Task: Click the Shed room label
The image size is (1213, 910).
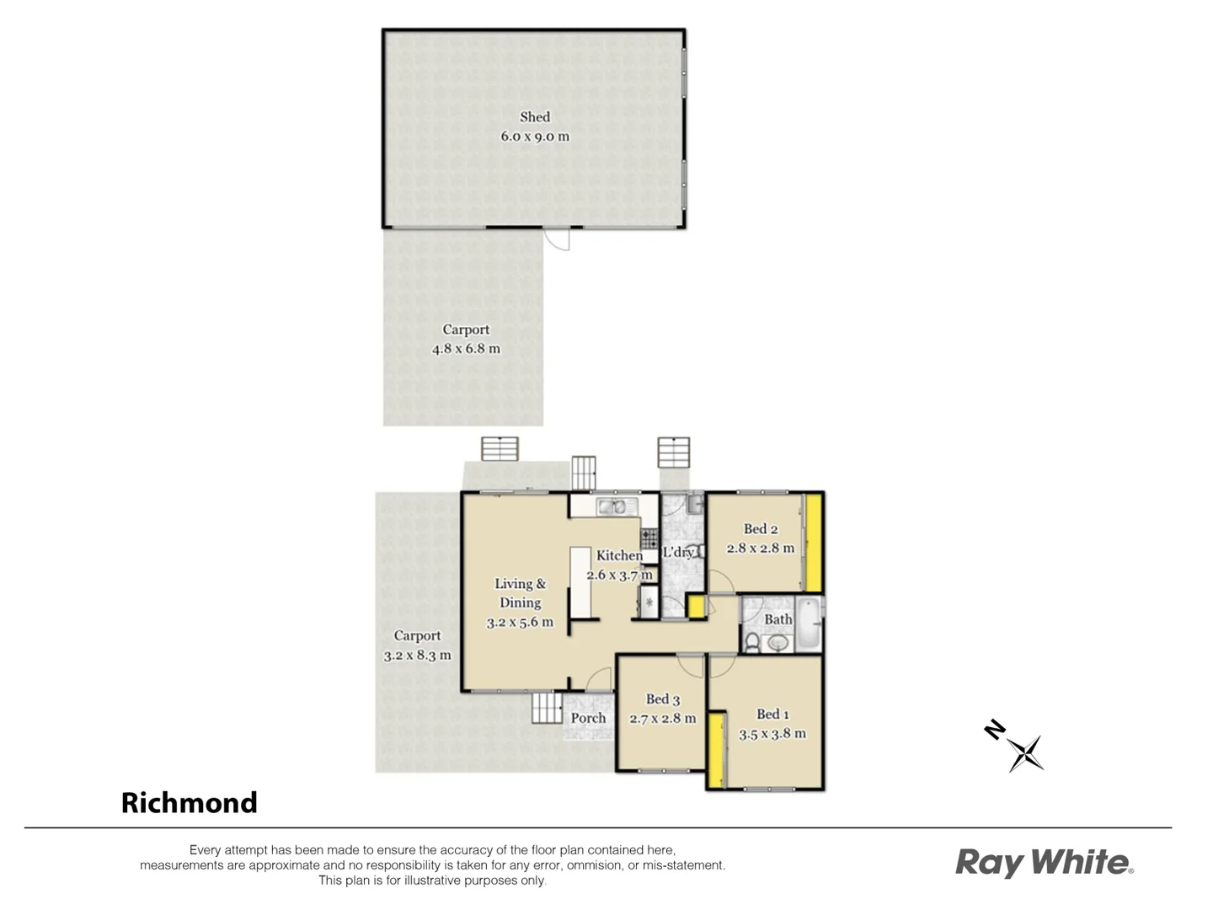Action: tap(535, 117)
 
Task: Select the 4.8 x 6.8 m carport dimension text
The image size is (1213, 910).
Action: tap(466, 349)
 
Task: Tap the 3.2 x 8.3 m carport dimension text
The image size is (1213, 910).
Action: tap(417, 655)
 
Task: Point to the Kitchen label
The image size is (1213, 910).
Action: tap(619, 555)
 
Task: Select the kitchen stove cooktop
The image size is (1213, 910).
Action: tap(649, 538)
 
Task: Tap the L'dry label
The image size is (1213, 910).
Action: tap(678, 553)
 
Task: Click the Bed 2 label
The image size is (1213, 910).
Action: tap(760, 529)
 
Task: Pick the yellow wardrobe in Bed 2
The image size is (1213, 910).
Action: tap(813, 543)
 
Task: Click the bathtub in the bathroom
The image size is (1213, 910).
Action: tap(808, 624)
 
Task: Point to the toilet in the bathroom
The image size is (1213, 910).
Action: tap(752, 644)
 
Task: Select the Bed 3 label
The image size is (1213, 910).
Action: tap(662, 699)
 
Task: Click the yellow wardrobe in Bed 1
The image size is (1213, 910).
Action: tap(715, 750)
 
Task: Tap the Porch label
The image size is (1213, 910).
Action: tap(588, 718)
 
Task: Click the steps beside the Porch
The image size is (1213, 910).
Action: tap(547, 708)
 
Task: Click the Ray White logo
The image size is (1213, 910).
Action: tap(1044, 863)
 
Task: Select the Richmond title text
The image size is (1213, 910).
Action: tap(190, 803)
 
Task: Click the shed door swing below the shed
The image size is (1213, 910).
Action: tap(557, 239)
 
